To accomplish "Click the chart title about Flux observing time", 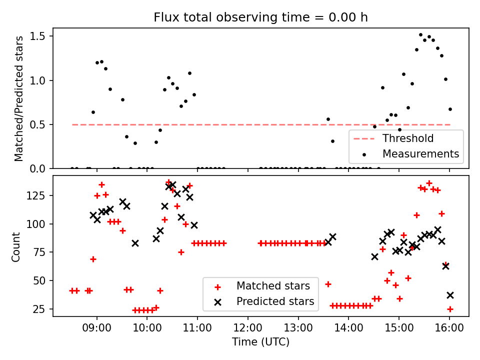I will click(x=260, y=17).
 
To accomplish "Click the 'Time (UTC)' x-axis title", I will click(x=260, y=342).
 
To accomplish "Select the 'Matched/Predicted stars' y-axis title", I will click(x=19, y=98).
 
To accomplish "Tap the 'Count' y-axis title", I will click(x=16, y=246).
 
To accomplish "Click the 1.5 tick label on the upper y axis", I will click(x=38, y=36).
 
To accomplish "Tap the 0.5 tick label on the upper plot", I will click(x=38, y=124).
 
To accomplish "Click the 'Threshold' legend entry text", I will click(x=408, y=138).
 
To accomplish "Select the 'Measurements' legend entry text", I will click(x=420, y=153).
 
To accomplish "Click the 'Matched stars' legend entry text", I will click(x=273, y=286).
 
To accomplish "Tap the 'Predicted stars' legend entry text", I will click(x=275, y=301).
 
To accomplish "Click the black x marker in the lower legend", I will click(x=217, y=301).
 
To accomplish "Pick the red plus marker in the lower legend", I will click(x=217, y=287).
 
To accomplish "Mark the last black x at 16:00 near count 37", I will click(x=450, y=295).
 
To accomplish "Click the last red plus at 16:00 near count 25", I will click(x=450, y=309).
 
